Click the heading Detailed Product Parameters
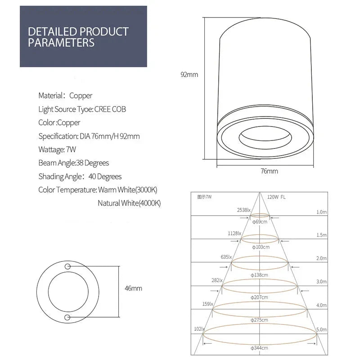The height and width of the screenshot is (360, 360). (78, 37)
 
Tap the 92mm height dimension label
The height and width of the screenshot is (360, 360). (189, 75)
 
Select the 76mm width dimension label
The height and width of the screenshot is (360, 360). (269, 171)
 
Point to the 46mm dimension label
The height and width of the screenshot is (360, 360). (133, 288)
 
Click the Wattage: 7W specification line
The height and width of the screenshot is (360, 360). (57, 149)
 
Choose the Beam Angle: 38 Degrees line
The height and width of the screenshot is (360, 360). (74, 163)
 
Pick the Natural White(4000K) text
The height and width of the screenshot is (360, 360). (129, 203)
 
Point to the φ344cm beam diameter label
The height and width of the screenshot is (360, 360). (260, 348)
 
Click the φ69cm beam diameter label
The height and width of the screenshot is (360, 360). (260, 221)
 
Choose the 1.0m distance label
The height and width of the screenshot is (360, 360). (321, 211)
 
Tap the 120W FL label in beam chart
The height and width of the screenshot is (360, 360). (276, 197)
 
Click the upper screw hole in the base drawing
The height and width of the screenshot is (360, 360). (67, 266)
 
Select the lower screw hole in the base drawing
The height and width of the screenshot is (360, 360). (67, 318)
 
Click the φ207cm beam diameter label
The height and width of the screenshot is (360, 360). (260, 297)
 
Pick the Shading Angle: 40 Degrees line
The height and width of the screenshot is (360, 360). (80, 176)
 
